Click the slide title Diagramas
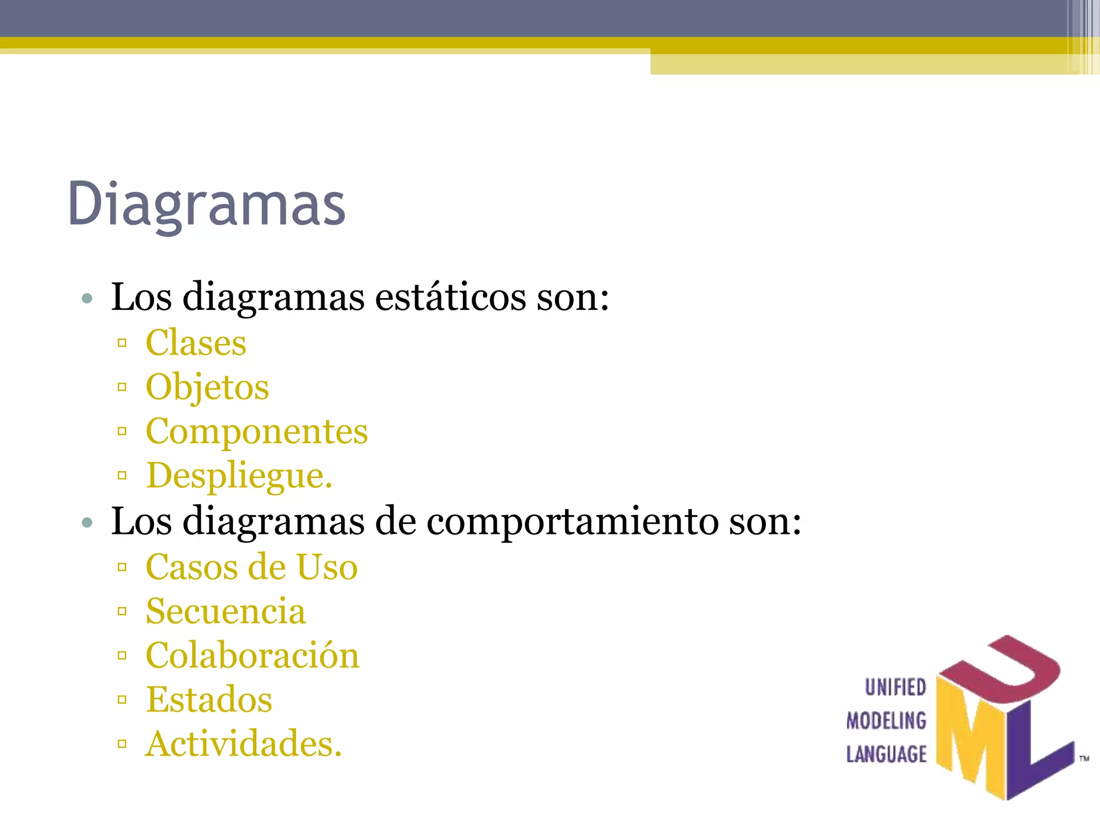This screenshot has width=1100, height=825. click(207, 204)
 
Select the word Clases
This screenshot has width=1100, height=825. click(196, 343)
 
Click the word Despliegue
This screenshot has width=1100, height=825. click(240, 475)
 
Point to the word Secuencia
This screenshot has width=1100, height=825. click(226, 611)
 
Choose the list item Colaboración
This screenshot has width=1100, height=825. click(252, 655)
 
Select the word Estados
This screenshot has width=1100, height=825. click(209, 699)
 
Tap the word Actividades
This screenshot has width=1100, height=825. click(243, 744)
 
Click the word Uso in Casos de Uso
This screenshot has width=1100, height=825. click(327, 567)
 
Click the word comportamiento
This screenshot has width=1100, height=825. click(572, 521)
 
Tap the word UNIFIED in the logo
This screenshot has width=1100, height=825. click(895, 687)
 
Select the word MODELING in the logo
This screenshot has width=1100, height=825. click(886, 721)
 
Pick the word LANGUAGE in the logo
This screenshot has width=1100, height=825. click(886, 754)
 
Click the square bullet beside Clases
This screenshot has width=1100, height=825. click(122, 343)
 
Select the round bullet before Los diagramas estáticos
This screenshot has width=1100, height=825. click(88, 298)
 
